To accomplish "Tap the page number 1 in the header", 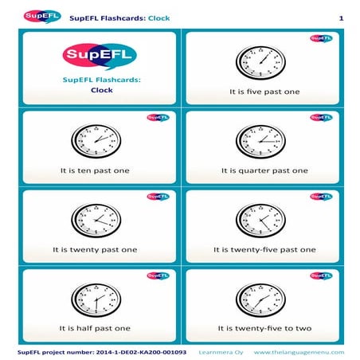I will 340,18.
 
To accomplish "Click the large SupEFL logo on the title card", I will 99,56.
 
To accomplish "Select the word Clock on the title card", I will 101,90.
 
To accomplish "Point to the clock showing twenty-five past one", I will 260,219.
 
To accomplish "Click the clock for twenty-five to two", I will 260,298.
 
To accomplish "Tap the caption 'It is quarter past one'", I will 264,170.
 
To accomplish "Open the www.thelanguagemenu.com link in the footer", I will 299,351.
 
